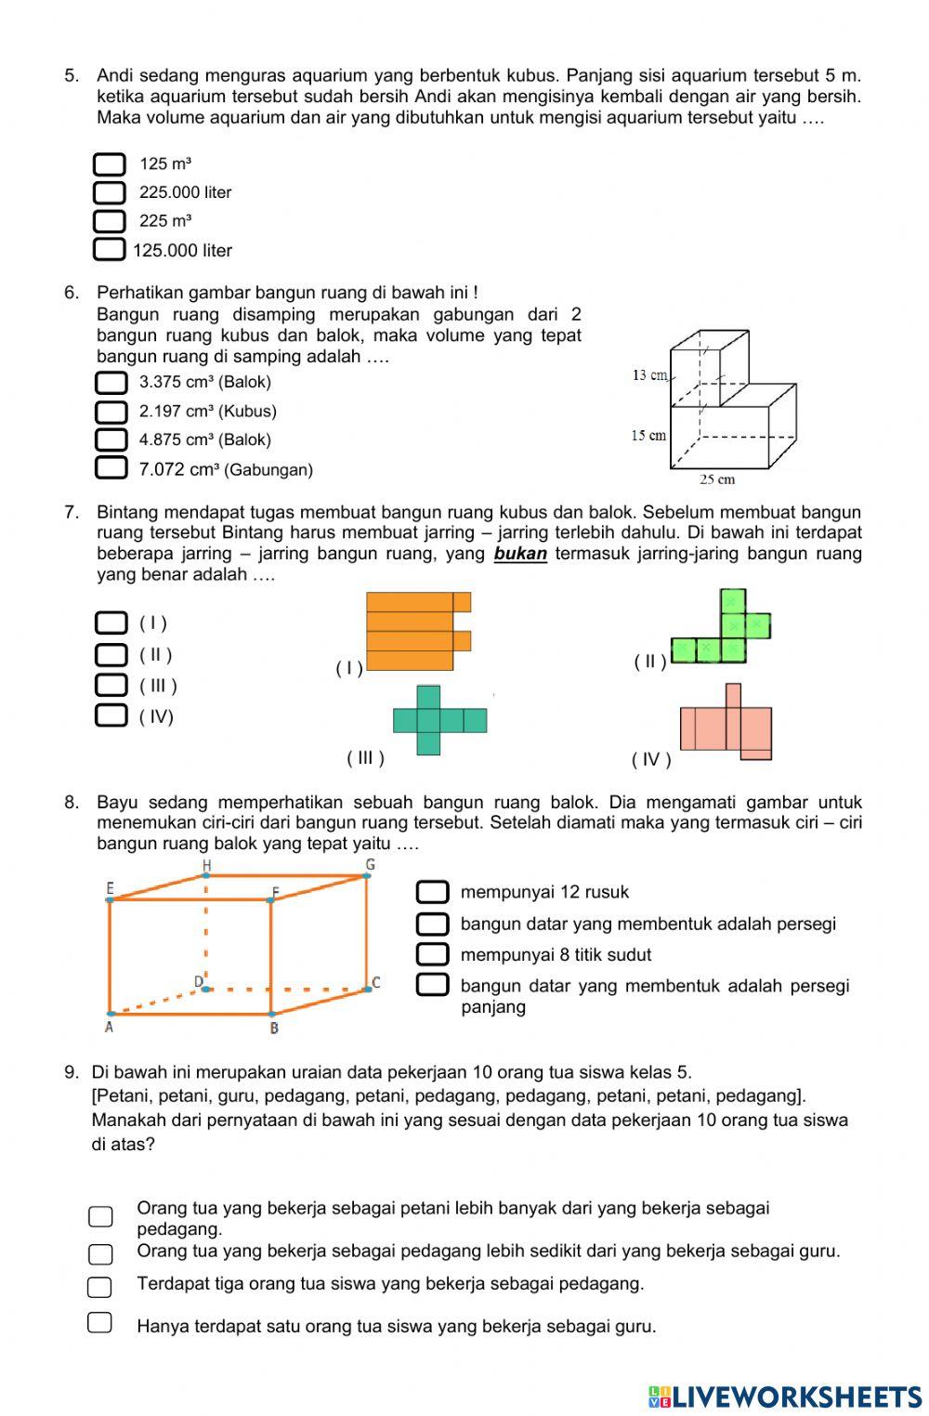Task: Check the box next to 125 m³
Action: pyautogui.click(x=109, y=164)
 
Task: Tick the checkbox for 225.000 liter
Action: pyautogui.click(x=109, y=192)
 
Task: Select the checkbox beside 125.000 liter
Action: pyautogui.click(x=109, y=250)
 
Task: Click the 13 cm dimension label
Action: pyautogui.click(x=649, y=375)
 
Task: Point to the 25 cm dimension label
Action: pyautogui.click(x=716, y=479)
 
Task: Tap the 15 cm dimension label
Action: pyautogui.click(x=648, y=435)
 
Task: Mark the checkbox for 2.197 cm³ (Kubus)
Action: pyautogui.click(x=111, y=411)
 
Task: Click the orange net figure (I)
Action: pyautogui.click(x=417, y=631)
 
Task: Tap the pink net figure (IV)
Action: pyautogui.click(x=727, y=724)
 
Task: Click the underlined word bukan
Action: pyautogui.click(x=520, y=554)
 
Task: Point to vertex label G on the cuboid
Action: pyautogui.click(x=370, y=865)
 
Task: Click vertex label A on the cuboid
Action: pyautogui.click(x=109, y=1027)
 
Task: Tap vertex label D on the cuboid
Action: pyautogui.click(x=198, y=981)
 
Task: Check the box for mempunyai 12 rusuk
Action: pyautogui.click(x=433, y=892)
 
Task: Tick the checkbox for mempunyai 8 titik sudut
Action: pyautogui.click(x=433, y=954)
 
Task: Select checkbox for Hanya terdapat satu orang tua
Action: pyautogui.click(x=100, y=1322)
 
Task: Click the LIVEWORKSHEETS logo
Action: pyautogui.click(x=785, y=1396)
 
